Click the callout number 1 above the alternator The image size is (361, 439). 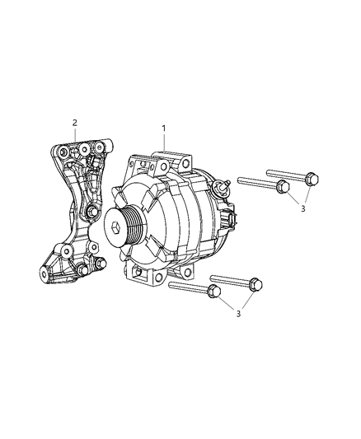(x=163, y=128)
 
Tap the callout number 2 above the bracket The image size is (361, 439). (x=75, y=123)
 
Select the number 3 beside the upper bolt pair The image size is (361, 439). (x=302, y=210)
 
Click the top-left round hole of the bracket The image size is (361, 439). (x=59, y=152)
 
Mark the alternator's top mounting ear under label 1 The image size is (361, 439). (x=175, y=156)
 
